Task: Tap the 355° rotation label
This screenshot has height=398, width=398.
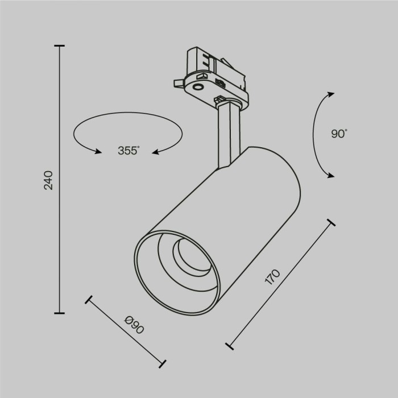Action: pos(129,151)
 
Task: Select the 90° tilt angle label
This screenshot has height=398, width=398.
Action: pos(339,134)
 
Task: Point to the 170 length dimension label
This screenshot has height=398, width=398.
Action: pos(273,277)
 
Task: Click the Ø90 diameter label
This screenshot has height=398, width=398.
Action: pos(134,326)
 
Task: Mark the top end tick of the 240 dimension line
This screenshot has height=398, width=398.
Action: pos(59,46)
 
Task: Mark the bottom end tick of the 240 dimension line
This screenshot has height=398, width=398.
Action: pos(59,312)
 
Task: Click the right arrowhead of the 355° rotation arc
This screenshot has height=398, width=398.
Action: pos(155,151)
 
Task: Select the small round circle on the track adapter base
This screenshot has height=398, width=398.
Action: pos(198,86)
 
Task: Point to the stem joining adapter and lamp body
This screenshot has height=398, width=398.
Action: pos(227,136)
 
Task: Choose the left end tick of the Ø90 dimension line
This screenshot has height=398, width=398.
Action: pos(89,300)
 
